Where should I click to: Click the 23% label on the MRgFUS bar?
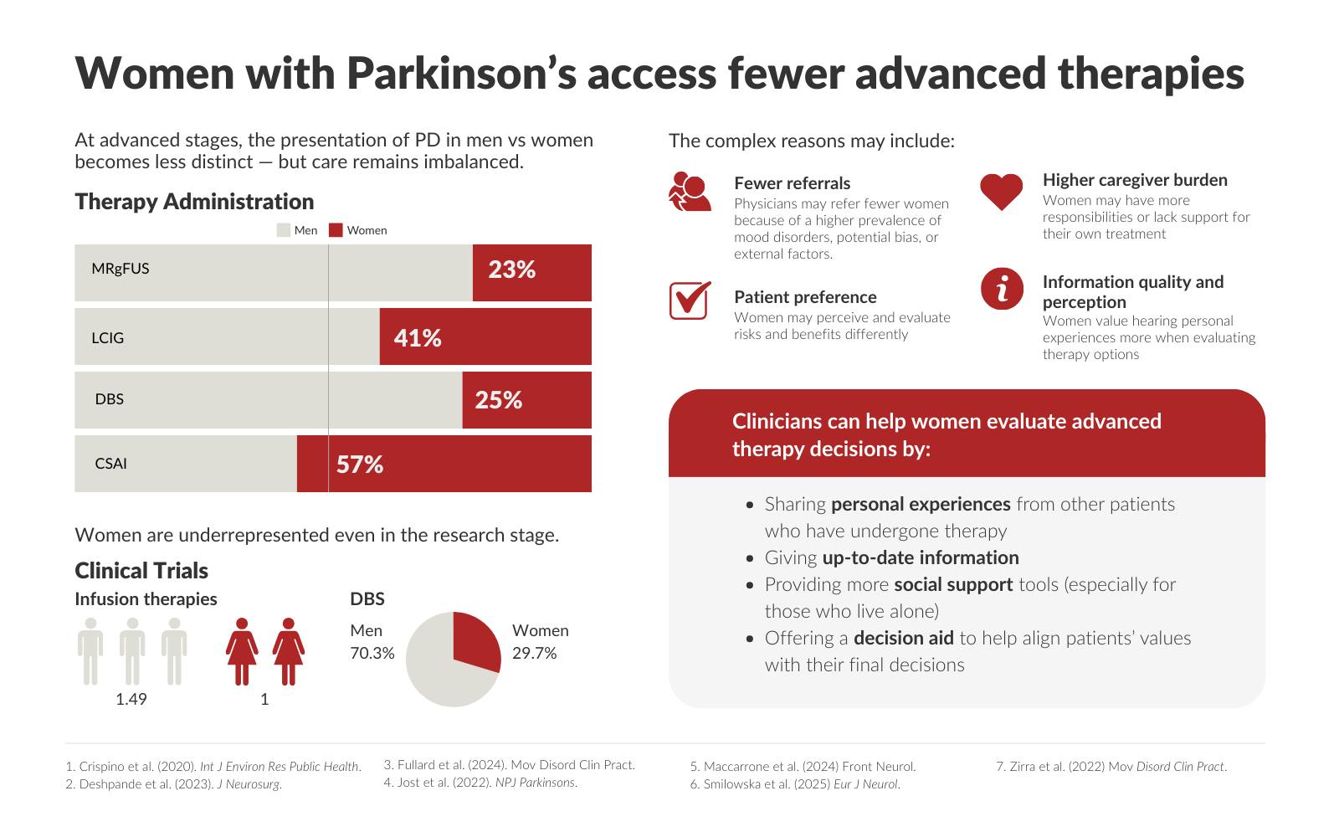click(511, 270)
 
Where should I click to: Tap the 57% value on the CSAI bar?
click(360, 465)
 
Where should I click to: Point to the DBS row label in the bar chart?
click(110, 399)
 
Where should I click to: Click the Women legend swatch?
click(336, 230)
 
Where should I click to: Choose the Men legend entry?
click(297, 230)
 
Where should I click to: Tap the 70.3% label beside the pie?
click(372, 654)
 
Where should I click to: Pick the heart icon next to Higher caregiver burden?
click(1002, 192)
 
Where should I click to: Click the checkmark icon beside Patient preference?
click(690, 300)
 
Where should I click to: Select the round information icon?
click(1002, 290)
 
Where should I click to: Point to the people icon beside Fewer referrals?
click(690, 192)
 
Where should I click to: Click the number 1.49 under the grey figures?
click(131, 699)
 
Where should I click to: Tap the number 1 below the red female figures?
click(264, 699)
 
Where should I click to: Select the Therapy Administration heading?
click(194, 202)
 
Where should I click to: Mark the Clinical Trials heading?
click(141, 571)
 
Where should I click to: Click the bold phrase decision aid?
click(903, 639)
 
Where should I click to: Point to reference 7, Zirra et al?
click(1111, 767)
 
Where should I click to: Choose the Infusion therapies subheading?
click(146, 599)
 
